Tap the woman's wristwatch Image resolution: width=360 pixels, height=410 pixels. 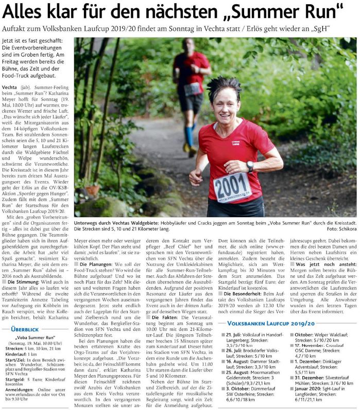(250, 166)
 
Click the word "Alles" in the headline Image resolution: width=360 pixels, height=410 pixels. (26, 11)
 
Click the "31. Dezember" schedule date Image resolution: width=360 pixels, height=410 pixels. (313, 378)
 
